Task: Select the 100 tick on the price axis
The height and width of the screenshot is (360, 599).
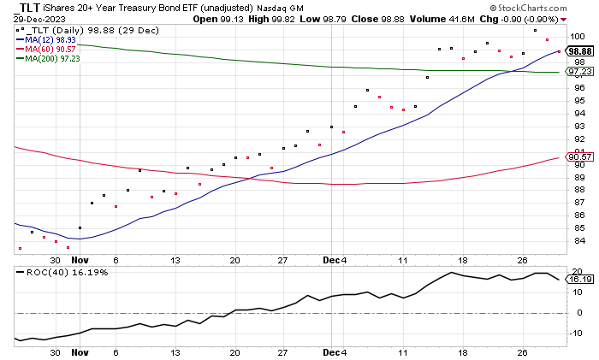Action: [x=578, y=37]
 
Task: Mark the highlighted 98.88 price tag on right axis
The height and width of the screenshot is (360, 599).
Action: [x=578, y=51]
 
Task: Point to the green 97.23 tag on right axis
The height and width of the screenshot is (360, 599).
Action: [x=578, y=73]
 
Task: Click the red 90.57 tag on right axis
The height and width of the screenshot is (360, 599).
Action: [x=578, y=157]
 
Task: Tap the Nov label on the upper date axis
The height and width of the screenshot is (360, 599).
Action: [x=80, y=257]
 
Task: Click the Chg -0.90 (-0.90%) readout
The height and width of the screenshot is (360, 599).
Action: [x=524, y=17]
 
